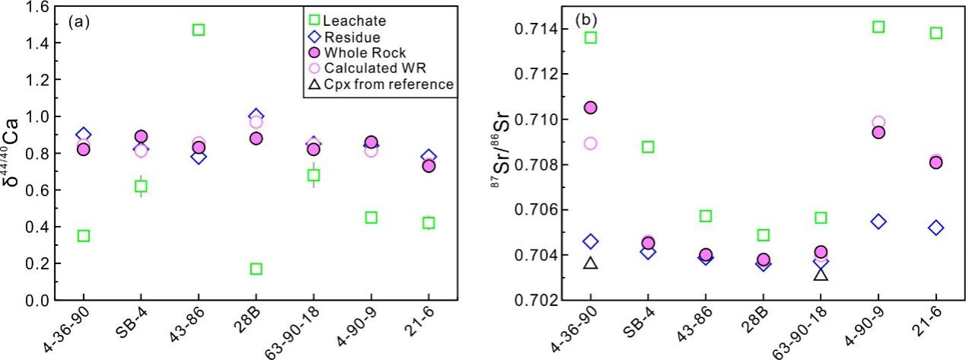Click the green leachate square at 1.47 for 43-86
coord(199,30)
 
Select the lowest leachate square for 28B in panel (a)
coord(257,269)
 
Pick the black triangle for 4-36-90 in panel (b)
coord(591,263)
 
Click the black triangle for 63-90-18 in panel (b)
coord(821,273)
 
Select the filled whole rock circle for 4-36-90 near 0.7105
coord(591,107)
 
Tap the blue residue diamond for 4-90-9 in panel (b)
coord(878,221)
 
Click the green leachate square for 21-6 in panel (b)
coord(936,33)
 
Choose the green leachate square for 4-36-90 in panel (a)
coord(83,236)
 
